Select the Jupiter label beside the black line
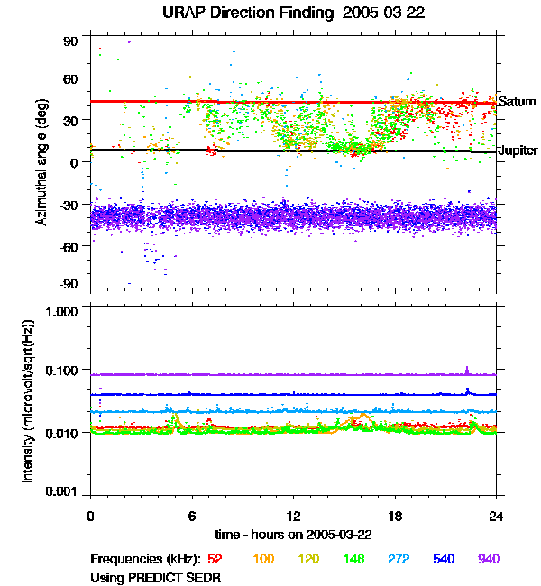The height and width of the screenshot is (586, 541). click(x=518, y=151)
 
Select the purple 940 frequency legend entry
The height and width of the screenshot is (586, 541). click(x=488, y=560)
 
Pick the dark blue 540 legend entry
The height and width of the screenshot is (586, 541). click(x=443, y=560)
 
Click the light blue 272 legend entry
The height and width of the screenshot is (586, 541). click(x=398, y=560)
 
